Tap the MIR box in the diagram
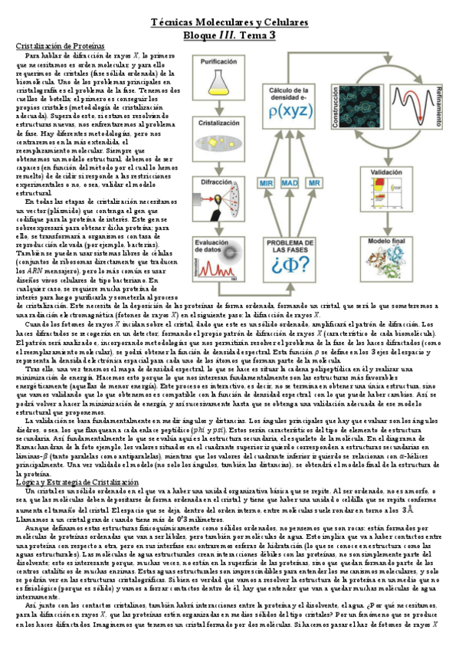267,184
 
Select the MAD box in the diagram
290,184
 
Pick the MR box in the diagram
314,184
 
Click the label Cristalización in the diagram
218,122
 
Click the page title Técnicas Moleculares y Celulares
229,23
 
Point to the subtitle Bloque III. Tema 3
229,35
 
